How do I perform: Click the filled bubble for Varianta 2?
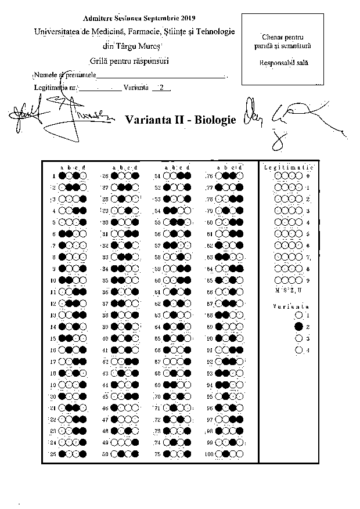coord(298,327)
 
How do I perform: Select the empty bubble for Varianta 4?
coord(298,350)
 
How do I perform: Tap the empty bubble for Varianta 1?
coord(298,315)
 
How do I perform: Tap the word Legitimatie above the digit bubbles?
coord(285,167)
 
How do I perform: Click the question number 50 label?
coord(105,453)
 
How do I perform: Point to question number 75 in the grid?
coord(157,453)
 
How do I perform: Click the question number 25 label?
coord(53,453)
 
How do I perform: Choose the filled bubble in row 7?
coord(63,246)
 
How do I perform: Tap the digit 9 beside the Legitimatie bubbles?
coord(308,280)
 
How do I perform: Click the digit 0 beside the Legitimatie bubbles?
coord(308,176)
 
